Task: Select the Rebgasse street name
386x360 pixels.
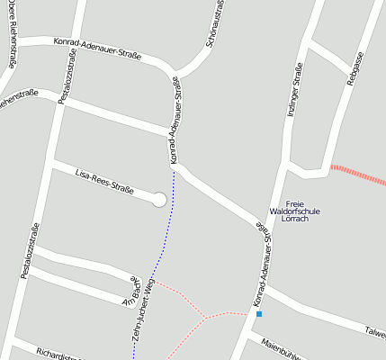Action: click(x=355, y=69)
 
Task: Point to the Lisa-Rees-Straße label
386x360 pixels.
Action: click(x=104, y=181)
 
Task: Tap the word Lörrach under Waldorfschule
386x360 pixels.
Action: click(x=295, y=220)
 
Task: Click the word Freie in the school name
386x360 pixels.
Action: click(x=295, y=203)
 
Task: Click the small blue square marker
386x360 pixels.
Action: click(x=259, y=314)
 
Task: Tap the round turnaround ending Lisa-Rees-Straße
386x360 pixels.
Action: click(x=160, y=200)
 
